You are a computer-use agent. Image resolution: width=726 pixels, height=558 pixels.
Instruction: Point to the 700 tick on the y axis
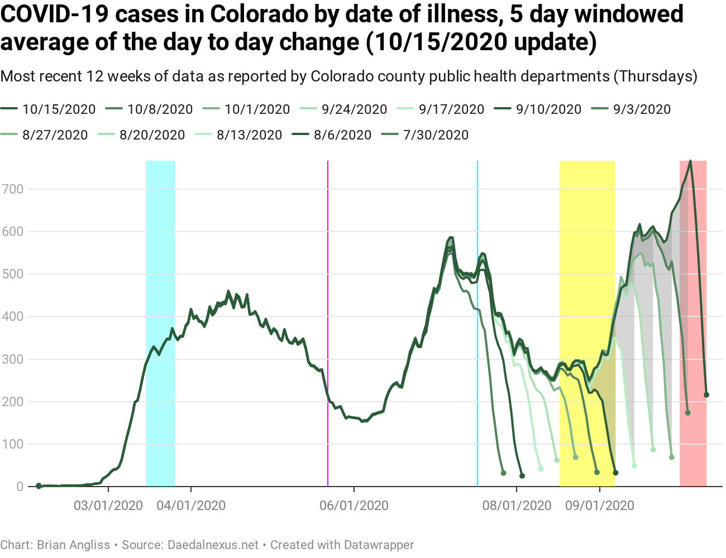tap(13, 189)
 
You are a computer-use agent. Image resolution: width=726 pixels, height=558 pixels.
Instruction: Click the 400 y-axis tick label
tap(13, 316)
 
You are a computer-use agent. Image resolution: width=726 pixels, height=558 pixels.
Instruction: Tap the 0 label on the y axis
tap(20, 487)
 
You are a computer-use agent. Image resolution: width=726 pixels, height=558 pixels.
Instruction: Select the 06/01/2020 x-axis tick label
tap(354, 506)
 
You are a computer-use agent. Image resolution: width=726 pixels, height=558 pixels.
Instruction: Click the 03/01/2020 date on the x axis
tap(108, 506)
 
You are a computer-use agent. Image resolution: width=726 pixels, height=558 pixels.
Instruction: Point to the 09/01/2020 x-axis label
tap(600, 506)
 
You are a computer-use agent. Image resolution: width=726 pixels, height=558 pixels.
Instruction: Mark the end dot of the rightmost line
tap(706, 395)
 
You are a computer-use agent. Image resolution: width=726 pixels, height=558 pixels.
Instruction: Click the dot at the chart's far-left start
tap(39, 486)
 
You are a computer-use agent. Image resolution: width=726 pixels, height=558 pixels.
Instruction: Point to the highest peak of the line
tap(690, 161)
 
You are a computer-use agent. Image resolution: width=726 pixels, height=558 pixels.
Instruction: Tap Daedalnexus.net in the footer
tap(213, 545)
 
